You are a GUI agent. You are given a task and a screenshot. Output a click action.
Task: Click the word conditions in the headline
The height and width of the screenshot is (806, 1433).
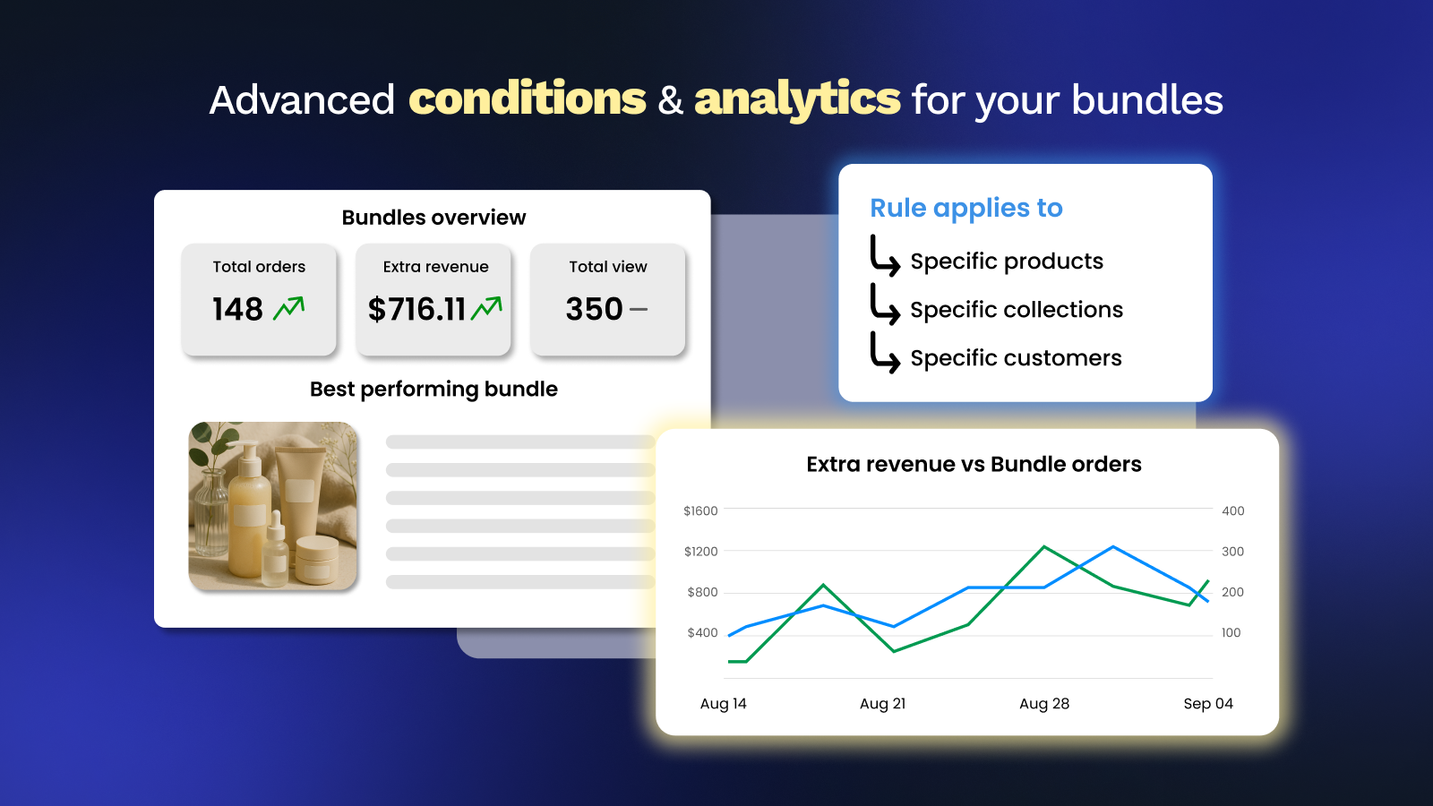click(x=528, y=99)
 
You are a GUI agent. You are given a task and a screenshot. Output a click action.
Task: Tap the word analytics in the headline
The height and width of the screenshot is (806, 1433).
click(x=797, y=100)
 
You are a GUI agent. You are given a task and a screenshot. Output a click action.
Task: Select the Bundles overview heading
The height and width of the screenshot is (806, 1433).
click(x=433, y=218)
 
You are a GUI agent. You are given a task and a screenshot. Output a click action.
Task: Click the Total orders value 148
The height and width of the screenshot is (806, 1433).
click(x=237, y=309)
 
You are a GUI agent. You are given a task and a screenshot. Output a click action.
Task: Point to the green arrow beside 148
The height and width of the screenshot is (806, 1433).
click(x=288, y=308)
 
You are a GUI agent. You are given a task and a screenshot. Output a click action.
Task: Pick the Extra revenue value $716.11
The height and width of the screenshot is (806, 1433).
click(x=416, y=310)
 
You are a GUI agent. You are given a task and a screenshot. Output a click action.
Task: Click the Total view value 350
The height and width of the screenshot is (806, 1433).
click(x=594, y=309)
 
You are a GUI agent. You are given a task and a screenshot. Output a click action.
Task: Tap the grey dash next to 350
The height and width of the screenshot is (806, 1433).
click(x=639, y=310)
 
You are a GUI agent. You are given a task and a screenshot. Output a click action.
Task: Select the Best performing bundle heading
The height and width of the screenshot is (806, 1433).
click(x=433, y=389)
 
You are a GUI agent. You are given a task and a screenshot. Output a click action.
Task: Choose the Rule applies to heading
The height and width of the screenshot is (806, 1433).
click(x=966, y=208)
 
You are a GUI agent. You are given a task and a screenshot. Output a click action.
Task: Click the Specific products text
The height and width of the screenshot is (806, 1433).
click(x=1007, y=261)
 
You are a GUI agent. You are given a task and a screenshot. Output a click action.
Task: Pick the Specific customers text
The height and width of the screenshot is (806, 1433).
click(x=1016, y=358)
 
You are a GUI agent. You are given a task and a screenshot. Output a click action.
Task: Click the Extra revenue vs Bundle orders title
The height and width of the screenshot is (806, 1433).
click(x=974, y=465)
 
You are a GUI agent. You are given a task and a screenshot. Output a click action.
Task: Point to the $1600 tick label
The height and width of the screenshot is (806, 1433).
click(x=700, y=510)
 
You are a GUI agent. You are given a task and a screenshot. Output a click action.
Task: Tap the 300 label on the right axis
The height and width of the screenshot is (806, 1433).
click(x=1232, y=552)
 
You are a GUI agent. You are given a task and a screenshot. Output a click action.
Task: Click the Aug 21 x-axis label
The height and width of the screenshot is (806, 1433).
click(x=883, y=704)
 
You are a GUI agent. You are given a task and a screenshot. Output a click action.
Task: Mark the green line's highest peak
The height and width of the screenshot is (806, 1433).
click(x=1044, y=546)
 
